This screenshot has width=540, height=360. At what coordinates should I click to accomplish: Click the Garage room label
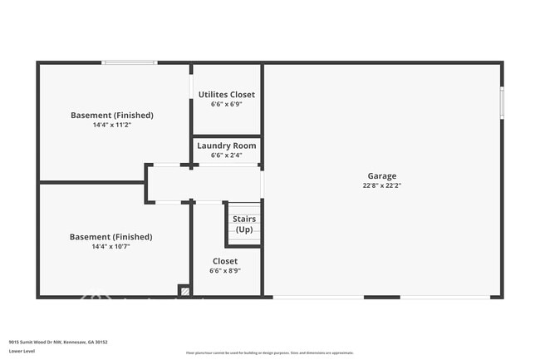(x=382, y=175)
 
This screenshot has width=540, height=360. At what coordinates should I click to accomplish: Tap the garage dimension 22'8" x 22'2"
(x=382, y=185)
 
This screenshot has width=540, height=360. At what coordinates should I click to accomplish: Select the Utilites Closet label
(x=227, y=95)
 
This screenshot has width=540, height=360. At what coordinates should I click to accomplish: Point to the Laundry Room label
(x=227, y=145)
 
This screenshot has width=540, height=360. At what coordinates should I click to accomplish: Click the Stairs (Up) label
(x=244, y=224)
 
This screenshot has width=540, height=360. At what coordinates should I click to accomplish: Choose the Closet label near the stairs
(x=224, y=261)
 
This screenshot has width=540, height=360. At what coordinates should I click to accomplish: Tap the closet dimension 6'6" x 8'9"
(x=224, y=270)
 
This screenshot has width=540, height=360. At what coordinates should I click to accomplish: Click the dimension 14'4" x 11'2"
(x=112, y=125)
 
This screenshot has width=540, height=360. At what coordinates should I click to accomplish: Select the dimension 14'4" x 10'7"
(x=111, y=246)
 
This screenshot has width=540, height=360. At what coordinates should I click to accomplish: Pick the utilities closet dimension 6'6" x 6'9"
(x=227, y=105)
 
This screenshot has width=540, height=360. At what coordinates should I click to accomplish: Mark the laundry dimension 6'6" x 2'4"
(x=227, y=155)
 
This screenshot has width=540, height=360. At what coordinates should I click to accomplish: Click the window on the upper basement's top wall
(x=130, y=62)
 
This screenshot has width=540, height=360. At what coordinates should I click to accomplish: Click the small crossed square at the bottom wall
(x=184, y=291)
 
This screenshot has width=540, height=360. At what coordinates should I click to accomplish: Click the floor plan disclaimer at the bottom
(x=270, y=353)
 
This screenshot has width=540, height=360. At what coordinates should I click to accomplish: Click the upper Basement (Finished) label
(x=112, y=115)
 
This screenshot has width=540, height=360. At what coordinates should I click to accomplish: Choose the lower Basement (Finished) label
(x=111, y=237)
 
